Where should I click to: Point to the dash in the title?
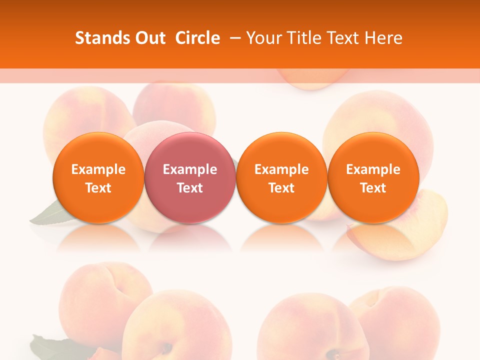coord(234,38)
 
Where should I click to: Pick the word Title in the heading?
coord(301,38)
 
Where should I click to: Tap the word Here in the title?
coord(383,38)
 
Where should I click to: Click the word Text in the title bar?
coord(341,38)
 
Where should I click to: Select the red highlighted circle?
coord(189,178)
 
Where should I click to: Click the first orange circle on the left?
coord(98,178)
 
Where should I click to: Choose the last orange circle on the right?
coord(373,178)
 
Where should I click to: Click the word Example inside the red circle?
coord(190,169)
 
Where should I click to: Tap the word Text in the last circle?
coord(373,188)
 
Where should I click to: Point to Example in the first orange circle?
coord(98,169)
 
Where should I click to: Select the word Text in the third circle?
coord(281,188)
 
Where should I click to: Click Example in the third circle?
coord(281,169)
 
